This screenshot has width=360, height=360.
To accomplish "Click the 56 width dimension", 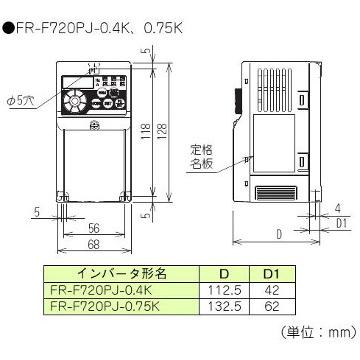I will pyautogui.click(x=96, y=226).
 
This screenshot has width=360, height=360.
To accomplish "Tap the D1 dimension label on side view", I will pyautogui.click(x=340, y=223).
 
